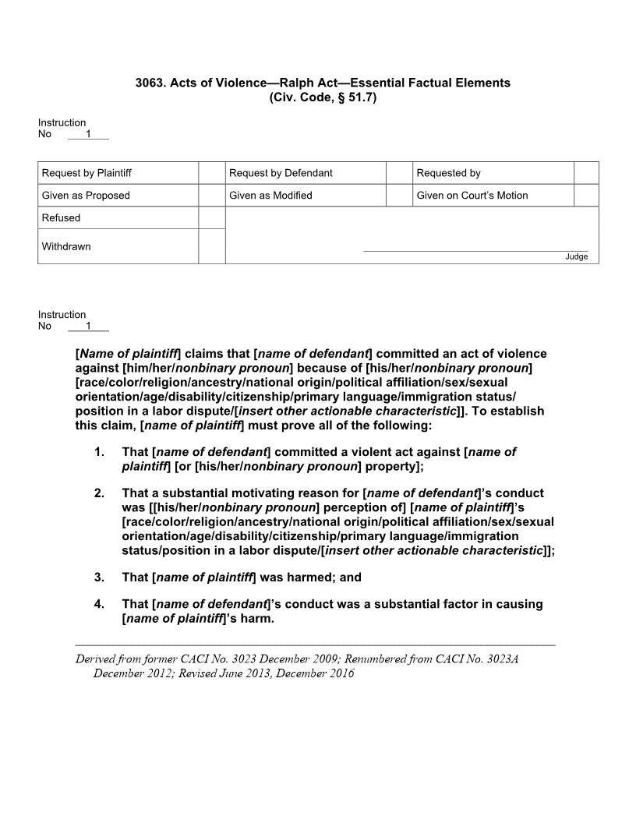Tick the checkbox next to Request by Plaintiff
[x=212, y=173]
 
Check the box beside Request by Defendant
[x=400, y=173]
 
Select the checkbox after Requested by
[x=586, y=173]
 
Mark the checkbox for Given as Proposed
[x=212, y=196]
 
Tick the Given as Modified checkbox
[x=400, y=196]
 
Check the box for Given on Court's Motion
[x=586, y=196]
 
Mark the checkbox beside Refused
[x=212, y=218]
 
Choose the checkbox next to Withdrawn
[x=212, y=246]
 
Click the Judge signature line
[x=475, y=251]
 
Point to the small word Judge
[x=577, y=257]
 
